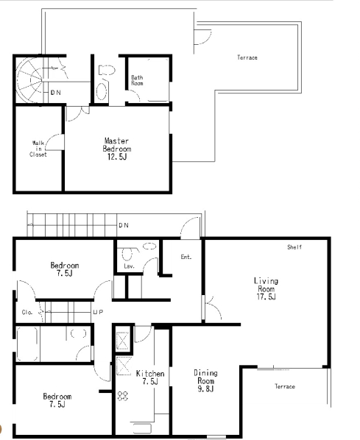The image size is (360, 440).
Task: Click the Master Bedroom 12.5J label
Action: coord(117,149)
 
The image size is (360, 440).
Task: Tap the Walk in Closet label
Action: coord(38,149)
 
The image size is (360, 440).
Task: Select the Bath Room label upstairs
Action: coord(137,80)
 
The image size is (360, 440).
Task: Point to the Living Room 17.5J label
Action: coord(266,288)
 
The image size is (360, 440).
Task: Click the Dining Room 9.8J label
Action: coord(205,381)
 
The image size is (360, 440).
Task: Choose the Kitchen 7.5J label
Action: coord(150,377)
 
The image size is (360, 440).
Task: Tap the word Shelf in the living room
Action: coord(294,247)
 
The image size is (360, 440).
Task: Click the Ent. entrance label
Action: coord(186,257)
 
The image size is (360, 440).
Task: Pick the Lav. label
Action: coord(129,266)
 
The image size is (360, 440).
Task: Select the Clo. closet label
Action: coord(27,312)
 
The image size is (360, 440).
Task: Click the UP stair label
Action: coord(98,312)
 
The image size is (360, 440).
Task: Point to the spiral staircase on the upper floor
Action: coord(29,80)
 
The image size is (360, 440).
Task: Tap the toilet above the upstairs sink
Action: coord(107,70)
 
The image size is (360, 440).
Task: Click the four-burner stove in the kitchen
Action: coord(123,396)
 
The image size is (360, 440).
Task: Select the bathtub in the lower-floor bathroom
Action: coord(27,344)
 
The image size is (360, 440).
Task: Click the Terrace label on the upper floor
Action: coord(247,57)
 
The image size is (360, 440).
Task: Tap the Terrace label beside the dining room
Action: coord(285,386)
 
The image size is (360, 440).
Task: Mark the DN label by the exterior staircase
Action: coord(124,225)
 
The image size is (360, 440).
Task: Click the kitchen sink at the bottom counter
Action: coord(142,429)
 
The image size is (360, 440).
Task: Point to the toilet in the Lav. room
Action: coord(127,254)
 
